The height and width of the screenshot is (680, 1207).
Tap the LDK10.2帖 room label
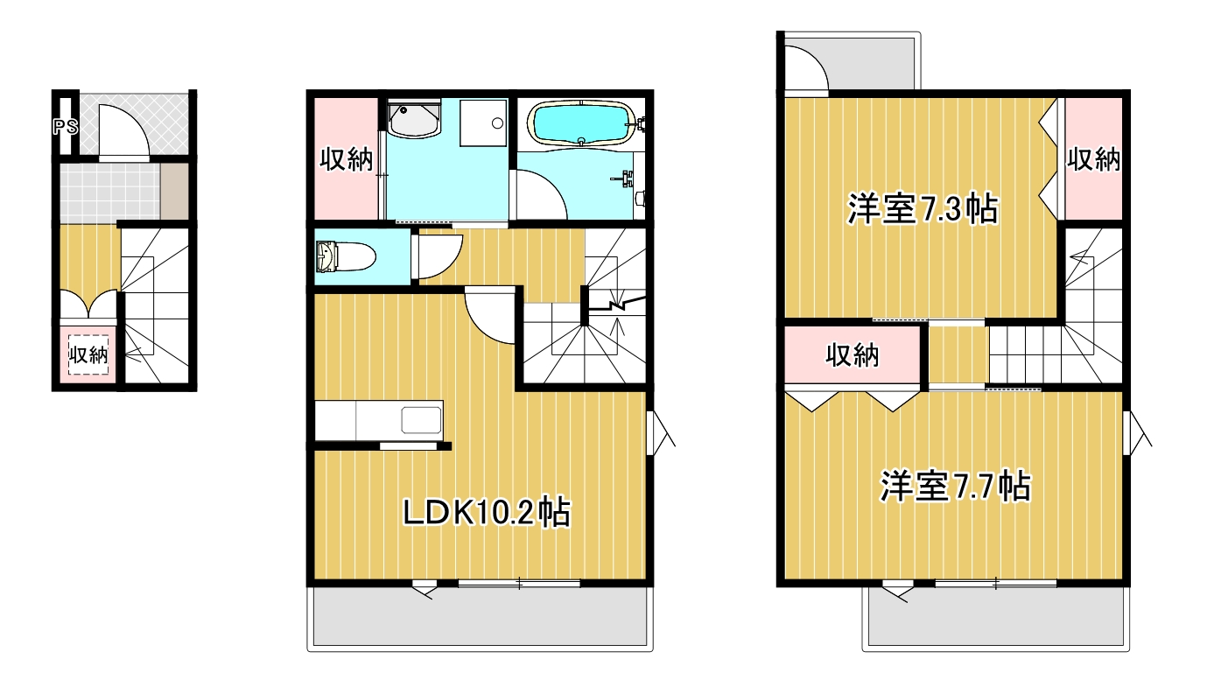pyautogui.click(x=486, y=511)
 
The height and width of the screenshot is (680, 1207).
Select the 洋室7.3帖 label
pyautogui.click(x=923, y=210)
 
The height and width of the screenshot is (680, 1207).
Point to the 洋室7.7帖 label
pyautogui.click(x=954, y=487)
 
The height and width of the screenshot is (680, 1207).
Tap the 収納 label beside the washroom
pyautogui.click(x=345, y=160)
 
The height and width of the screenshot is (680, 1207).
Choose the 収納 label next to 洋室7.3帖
pyautogui.click(x=1093, y=159)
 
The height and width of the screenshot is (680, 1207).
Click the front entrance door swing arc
pyautogui.click(x=118, y=131)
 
